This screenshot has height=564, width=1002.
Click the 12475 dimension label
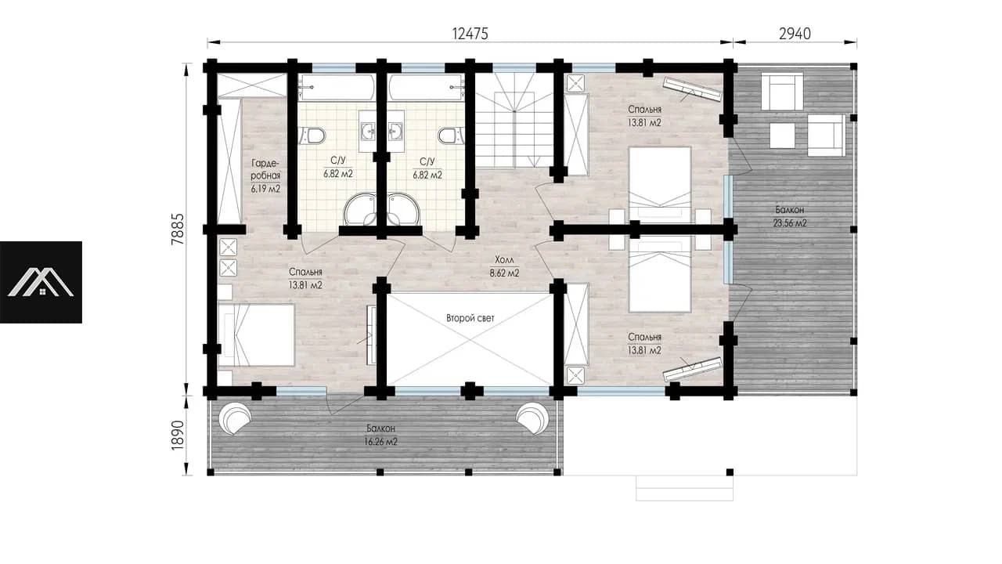[x=470, y=34]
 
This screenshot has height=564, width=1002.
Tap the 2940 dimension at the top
[x=795, y=34]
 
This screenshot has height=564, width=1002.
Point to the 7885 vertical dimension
[x=178, y=229]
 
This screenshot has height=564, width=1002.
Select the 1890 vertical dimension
[x=178, y=435]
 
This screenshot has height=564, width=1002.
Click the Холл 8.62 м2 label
[x=504, y=266]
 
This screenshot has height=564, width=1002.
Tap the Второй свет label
[x=470, y=318]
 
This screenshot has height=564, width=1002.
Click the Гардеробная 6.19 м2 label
[x=265, y=176]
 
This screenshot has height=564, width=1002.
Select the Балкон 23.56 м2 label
[x=790, y=216]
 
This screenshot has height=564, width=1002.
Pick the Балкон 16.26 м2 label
[x=381, y=435]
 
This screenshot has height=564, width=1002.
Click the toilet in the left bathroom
[x=314, y=136]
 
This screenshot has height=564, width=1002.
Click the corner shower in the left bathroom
[x=360, y=209]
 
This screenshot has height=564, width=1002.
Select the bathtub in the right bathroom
[x=426, y=89]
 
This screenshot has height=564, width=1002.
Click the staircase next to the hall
[x=514, y=120]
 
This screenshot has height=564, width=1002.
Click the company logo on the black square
[x=41, y=283]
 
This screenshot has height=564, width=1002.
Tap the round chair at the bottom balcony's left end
[x=234, y=418]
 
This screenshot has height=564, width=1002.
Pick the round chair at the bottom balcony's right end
[x=532, y=418]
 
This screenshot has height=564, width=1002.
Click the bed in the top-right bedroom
[x=660, y=184]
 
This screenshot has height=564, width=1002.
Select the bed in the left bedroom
[x=256, y=335]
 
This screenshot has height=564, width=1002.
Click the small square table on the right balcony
[x=782, y=136]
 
